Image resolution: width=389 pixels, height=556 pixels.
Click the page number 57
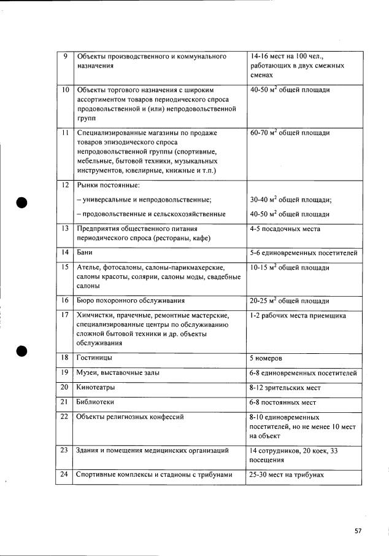pyautogui.click(x=358, y=531)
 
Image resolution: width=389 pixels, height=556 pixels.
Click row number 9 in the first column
pyautogui.click(x=65, y=57)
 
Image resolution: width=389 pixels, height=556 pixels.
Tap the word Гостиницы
pyautogui.click(x=94, y=357)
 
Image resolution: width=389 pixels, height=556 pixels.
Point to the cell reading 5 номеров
pyautogui.click(x=266, y=358)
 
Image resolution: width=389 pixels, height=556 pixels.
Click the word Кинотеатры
pyautogui.click(x=96, y=388)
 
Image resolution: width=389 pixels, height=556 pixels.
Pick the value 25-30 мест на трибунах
pyautogui.click(x=286, y=474)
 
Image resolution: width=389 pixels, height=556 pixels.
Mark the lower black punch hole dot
pyautogui.click(x=22, y=350)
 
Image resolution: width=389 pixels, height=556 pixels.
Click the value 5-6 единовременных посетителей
pyautogui.click(x=303, y=253)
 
